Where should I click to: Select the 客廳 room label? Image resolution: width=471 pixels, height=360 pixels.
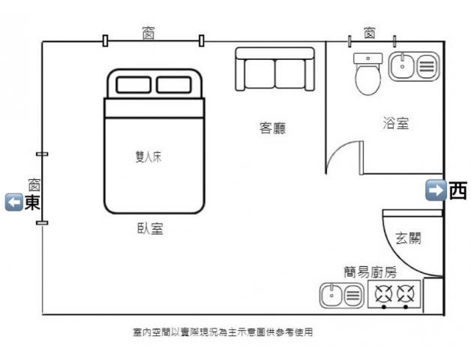pyautogui.click(x=271, y=128)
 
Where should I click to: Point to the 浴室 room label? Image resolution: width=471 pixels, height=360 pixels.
pyautogui.click(x=395, y=123)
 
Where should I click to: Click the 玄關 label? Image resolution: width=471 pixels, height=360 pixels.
pyautogui.click(x=408, y=238)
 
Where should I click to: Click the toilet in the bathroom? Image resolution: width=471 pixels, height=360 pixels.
pyautogui.click(x=368, y=76)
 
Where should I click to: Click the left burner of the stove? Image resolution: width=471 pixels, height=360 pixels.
pyautogui.click(x=384, y=294)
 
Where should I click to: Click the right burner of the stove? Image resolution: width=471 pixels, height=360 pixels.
pyautogui.click(x=406, y=294)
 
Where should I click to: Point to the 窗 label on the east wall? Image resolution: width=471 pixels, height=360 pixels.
pyautogui.click(x=34, y=184)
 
